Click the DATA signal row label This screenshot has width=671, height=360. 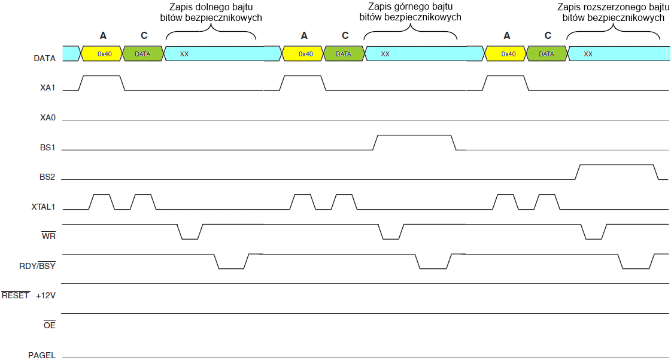(x=45, y=59)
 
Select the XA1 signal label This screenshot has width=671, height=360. (x=47, y=88)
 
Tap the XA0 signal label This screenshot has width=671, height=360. (x=47, y=118)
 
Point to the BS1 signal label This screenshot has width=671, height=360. (x=47, y=147)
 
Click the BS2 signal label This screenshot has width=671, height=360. (x=47, y=177)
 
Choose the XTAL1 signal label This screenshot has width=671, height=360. (x=43, y=207)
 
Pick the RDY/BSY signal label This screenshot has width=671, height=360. (x=37, y=265)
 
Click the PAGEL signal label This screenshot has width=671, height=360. (x=42, y=355)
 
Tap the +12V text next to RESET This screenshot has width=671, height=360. (x=46, y=295)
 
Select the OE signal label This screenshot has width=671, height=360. (x=49, y=325)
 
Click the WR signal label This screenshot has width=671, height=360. (x=48, y=236)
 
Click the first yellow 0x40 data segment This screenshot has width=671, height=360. (x=102, y=54)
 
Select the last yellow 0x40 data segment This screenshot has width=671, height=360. (x=506, y=54)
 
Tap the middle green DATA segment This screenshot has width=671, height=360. (x=344, y=54)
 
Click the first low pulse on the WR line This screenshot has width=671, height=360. (x=190, y=238)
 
